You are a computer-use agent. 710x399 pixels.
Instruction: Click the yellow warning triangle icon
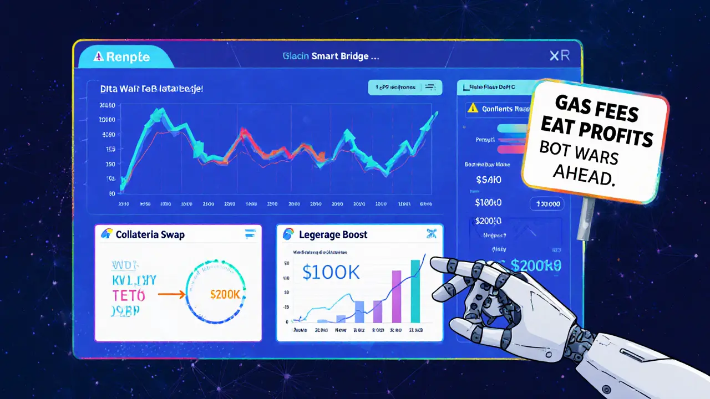[x=473, y=108]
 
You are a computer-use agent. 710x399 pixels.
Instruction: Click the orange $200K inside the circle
[x=225, y=294]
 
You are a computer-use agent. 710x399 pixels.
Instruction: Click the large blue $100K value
[x=332, y=272]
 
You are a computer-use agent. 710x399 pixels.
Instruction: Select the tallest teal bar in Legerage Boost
[x=415, y=290]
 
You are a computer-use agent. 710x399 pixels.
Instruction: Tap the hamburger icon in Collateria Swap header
[x=249, y=234]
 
